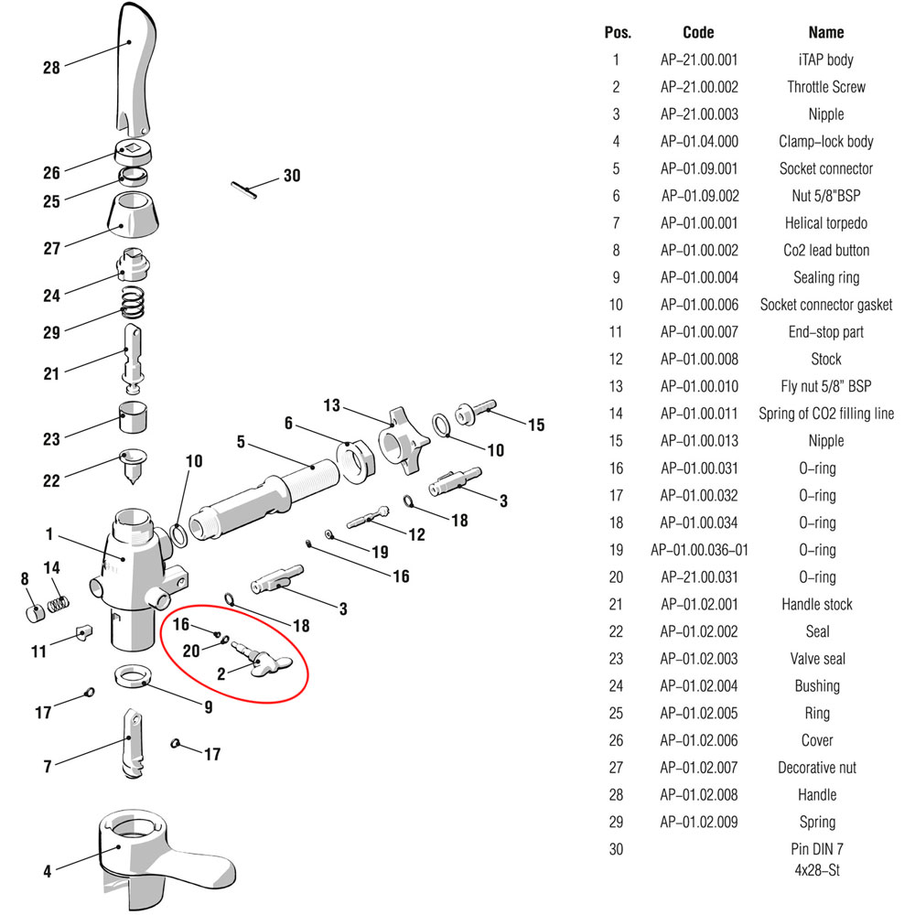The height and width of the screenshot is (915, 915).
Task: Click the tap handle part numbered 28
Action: point(135,70)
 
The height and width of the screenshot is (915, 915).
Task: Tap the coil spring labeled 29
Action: point(133,302)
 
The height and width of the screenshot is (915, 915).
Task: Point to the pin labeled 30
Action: point(244,191)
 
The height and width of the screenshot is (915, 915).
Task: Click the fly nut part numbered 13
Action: point(404,441)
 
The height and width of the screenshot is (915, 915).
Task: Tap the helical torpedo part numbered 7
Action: point(133,744)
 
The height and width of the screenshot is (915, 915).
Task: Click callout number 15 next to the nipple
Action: point(536,425)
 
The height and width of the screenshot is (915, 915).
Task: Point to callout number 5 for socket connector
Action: point(241,442)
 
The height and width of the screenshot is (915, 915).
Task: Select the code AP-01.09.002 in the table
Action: point(700,196)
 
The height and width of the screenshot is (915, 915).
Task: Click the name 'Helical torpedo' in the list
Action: point(825,223)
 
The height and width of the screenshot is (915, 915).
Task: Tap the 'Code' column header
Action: point(698,33)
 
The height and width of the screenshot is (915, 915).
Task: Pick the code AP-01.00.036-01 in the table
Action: point(699,550)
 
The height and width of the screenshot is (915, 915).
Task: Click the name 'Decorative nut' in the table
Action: point(817,768)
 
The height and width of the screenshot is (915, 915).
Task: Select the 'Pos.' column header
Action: point(618,33)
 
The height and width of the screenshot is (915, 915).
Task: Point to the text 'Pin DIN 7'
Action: point(817,849)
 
